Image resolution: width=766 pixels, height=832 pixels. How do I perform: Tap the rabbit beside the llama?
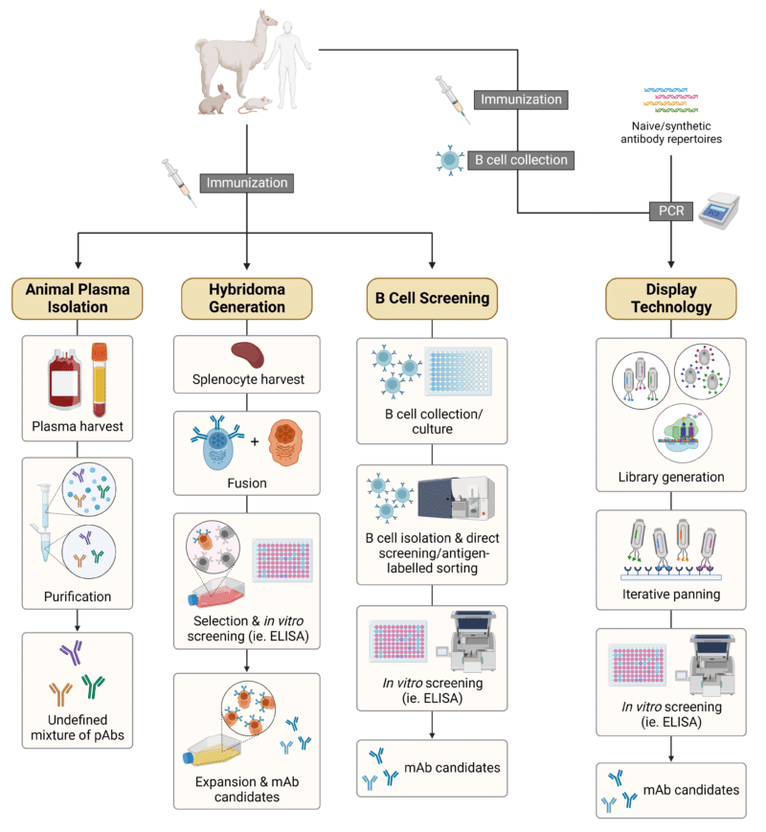(x=214, y=101)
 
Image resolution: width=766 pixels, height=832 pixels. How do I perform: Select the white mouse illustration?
(x=256, y=104)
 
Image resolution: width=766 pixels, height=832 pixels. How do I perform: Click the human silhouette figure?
(x=287, y=65)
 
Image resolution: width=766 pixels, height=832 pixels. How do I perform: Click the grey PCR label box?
(x=671, y=212)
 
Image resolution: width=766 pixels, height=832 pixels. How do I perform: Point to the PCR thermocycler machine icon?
(x=719, y=211)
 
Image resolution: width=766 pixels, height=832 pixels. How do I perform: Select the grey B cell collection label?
(x=521, y=160)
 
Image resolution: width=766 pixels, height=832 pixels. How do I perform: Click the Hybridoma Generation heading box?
(x=247, y=298)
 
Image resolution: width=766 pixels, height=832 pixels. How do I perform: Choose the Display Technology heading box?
(x=671, y=298)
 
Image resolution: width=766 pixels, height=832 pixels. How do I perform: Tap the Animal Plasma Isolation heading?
(x=78, y=298)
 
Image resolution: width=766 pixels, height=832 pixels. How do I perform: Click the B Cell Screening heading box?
(x=432, y=298)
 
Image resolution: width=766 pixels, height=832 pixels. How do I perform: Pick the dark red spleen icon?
(x=247, y=354)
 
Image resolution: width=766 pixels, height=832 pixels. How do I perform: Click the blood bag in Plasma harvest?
(x=65, y=378)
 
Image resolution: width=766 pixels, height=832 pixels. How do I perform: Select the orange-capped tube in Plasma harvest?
(x=100, y=379)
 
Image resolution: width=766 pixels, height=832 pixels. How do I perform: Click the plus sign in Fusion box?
(x=255, y=441)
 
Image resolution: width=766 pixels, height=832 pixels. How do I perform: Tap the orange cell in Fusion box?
(x=285, y=443)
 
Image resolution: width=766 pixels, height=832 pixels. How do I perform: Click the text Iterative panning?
(x=671, y=595)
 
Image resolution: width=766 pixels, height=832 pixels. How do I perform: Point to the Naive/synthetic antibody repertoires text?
(x=671, y=133)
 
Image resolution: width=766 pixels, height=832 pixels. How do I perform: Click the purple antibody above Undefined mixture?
(x=72, y=652)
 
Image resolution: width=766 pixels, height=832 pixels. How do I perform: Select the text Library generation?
(x=671, y=477)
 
